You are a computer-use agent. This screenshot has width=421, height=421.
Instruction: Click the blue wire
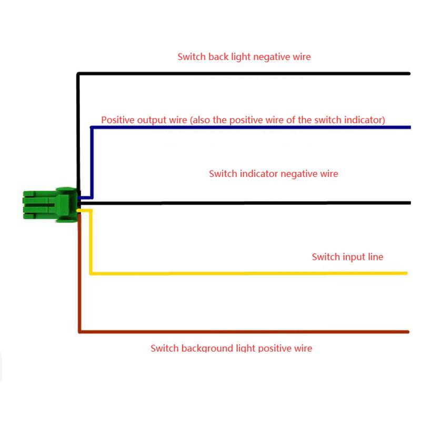(x=253, y=127)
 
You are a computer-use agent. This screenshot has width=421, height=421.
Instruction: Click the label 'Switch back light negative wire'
(x=244, y=56)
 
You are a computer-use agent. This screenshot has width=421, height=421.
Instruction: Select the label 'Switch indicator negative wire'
(x=273, y=173)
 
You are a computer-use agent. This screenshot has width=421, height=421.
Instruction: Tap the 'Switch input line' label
(x=347, y=257)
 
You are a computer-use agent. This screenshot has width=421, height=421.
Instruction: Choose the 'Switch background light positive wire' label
(x=231, y=348)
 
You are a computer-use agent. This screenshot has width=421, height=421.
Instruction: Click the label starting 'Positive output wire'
(x=243, y=120)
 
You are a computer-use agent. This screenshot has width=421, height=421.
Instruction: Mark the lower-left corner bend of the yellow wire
(x=92, y=273)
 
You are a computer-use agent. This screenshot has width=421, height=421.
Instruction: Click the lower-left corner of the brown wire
(x=79, y=331)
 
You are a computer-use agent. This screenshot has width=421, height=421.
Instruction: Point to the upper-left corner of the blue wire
(x=92, y=128)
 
